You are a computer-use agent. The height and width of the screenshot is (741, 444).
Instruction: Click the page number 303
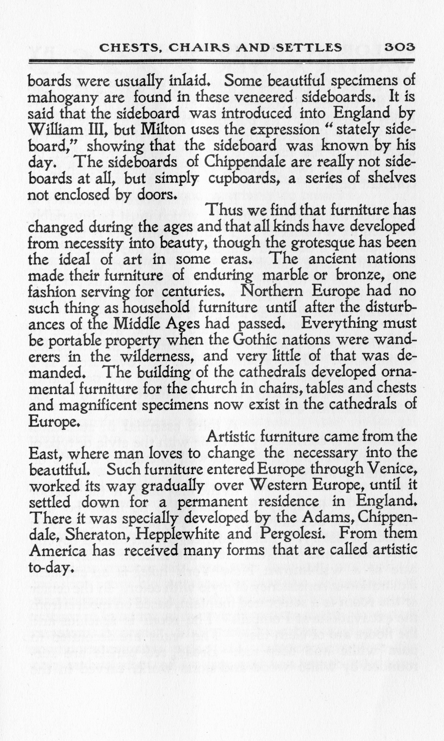pos(399,47)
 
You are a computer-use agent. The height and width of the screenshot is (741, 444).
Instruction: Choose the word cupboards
pos(244,179)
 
